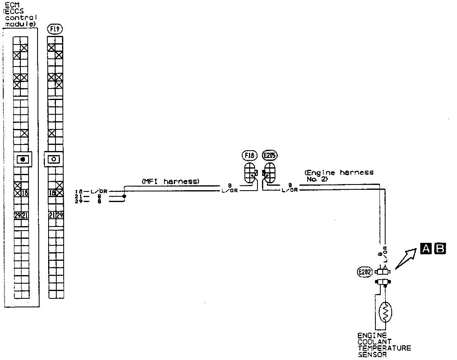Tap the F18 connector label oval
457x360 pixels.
coord(249,155)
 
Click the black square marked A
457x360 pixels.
coord(426,248)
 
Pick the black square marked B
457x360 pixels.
coord(440,248)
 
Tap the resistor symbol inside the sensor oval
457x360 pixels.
coord(385,313)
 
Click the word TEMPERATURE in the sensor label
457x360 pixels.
coord(384,348)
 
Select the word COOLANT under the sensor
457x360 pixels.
coord(375,342)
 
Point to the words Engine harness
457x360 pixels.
coord(339,173)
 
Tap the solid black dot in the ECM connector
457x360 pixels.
coord(23,159)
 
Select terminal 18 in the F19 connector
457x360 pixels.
coord(52,193)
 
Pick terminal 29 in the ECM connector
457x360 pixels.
coord(17,216)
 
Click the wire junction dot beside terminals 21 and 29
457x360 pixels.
coord(124,196)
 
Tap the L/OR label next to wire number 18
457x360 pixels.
coord(98,191)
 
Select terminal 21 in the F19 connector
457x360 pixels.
coord(52,216)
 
